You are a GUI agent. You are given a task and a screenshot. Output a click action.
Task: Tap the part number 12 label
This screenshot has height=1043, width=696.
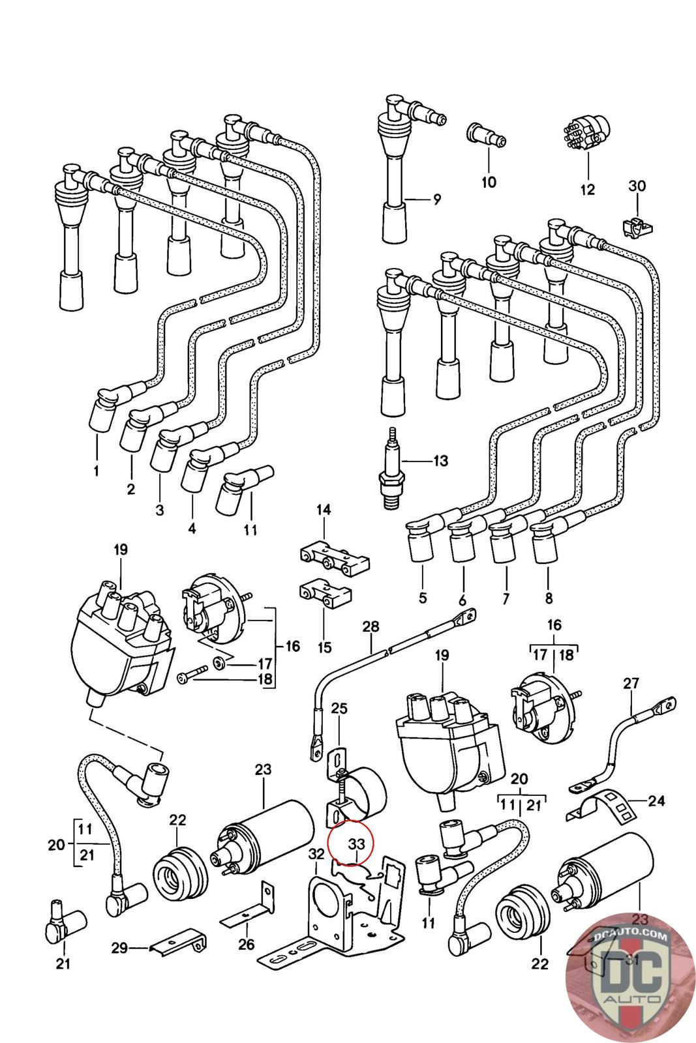(587, 190)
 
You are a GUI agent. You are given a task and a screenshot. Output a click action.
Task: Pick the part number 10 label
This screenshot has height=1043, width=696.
(489, 182)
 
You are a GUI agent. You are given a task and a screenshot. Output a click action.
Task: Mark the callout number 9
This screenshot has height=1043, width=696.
(436, 199)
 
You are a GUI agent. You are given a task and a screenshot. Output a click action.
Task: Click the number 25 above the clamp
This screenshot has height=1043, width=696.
(339, 708)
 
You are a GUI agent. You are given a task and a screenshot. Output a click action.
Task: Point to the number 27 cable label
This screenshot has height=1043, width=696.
(631, 684)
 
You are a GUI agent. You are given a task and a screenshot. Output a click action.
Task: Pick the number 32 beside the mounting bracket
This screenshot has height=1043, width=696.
(316, 854)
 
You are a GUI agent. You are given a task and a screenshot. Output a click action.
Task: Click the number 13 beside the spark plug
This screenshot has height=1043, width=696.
(441, 462)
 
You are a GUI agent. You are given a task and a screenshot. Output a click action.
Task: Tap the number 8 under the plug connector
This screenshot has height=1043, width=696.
(548, 597)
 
